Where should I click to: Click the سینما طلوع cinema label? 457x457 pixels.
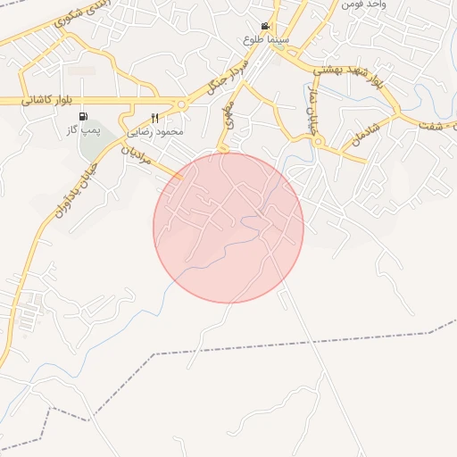coord(266,40)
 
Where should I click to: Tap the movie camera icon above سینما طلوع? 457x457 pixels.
coord(266,27)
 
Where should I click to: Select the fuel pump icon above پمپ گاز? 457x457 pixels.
coord(83,116)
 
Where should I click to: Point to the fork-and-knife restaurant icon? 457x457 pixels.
coord(155,118)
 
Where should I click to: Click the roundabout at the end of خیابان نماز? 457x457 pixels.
coord(319,141)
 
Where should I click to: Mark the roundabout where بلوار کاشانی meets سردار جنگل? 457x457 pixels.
coord(181,104)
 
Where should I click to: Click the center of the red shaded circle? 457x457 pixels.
coord(228,228)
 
